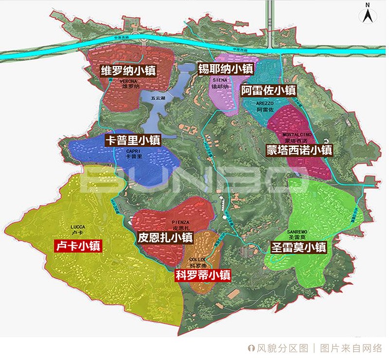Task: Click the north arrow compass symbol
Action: click(368, 14)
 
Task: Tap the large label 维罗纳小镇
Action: click(128, 71)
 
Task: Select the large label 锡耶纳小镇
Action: click(225, 69)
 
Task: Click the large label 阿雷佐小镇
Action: click(269, 90)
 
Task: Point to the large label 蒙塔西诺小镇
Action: click(299, 150)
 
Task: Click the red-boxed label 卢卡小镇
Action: click(78, 246)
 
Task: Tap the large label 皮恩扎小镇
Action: click(165, 238)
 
